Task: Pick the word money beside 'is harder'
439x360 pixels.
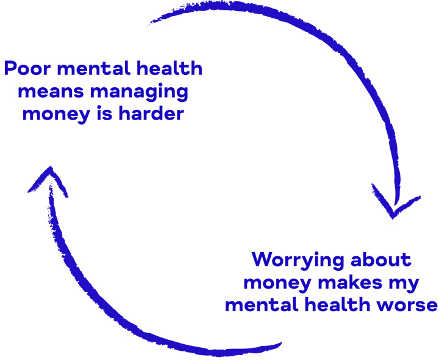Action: tap(55, 114)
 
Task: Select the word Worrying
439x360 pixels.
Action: tap(295, 261)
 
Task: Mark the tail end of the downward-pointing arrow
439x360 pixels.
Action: tap(149, 23)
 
